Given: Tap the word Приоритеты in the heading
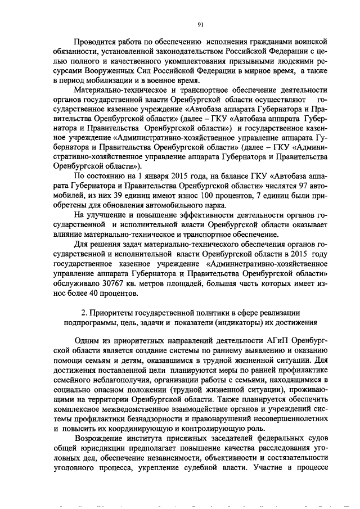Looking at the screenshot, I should (x=116, y=313).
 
